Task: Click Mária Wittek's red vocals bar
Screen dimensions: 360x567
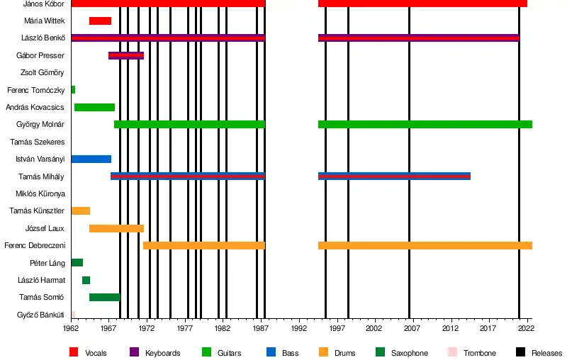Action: coord(100,21)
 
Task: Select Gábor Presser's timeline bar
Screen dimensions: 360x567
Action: coord(125,55)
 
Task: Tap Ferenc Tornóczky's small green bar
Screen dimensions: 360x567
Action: coord(73,89)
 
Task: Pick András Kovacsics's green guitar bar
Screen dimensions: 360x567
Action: coord(94,107)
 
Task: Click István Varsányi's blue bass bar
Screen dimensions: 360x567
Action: coord(91,159)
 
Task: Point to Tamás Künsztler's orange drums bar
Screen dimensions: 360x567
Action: coord(80,210)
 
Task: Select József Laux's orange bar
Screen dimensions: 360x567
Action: coord(116,228)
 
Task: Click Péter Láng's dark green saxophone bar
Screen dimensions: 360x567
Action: coord(77,262)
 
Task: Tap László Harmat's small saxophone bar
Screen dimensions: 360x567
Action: coord(86,280)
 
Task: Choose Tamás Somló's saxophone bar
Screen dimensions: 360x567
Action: coord(104,297)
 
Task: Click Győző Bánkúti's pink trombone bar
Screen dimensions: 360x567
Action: coord(73,314)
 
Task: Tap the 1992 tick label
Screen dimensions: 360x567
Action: coord(298,329)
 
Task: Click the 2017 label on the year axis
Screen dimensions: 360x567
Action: coord(488,329)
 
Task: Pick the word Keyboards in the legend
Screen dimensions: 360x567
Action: coord(162,353)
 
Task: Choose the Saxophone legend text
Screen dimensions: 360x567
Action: coord(410,353)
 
